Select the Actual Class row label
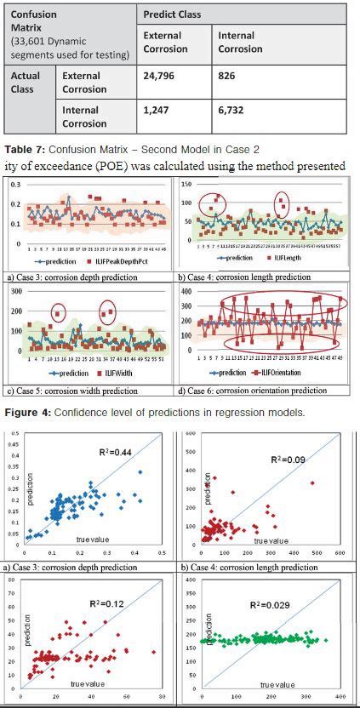click(x=26, y=83)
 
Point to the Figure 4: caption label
click(x=30, y=413)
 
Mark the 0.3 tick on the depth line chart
click(x=14, y=184)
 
